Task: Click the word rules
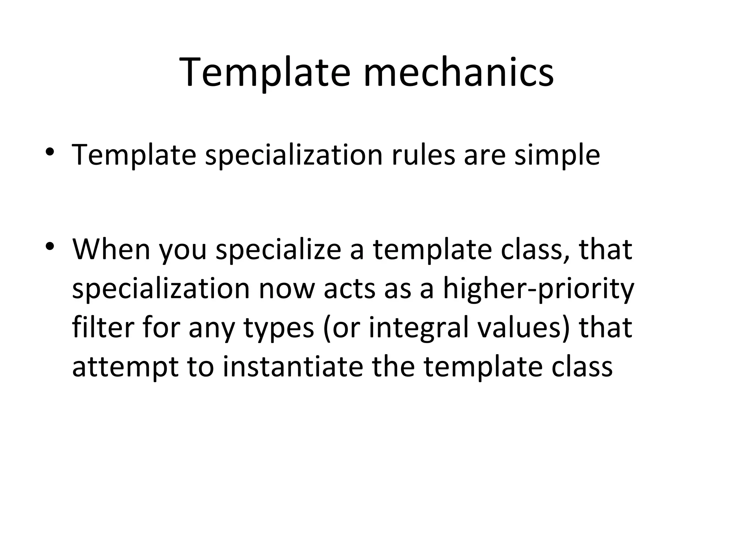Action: click(x=423, y=155)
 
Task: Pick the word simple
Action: click(x=557, y=155)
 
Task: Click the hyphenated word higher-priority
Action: click(x=538, y=289)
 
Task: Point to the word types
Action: click(x=279, y=329)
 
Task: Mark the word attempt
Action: click(x=125, y=367)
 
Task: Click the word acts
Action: click(x=350, y=289)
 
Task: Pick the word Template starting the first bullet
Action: click(x=134, y=155)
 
